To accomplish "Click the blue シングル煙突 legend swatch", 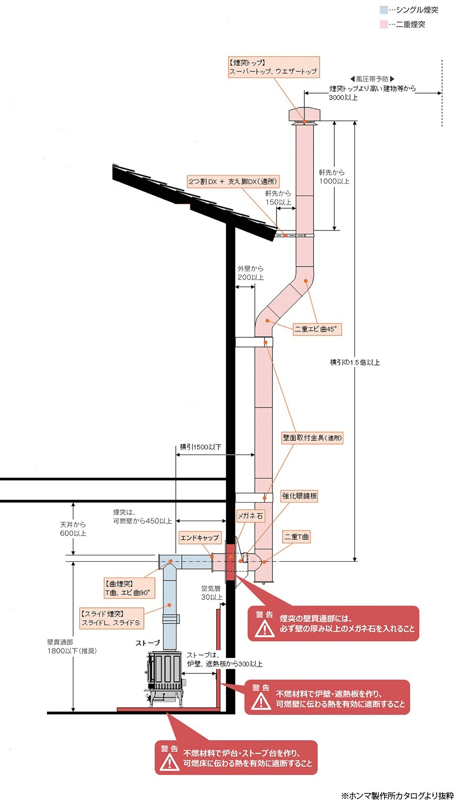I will [384, 10].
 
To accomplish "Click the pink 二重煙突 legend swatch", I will [384, 24].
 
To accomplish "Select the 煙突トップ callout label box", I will [273, 67].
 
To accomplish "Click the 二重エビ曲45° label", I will [316, 329].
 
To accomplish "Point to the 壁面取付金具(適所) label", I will [312, 438].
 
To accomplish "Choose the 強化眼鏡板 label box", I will [300, 496].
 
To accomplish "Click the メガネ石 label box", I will [251, 516].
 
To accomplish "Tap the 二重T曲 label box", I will [297, 536].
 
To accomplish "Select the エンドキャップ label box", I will [200, 538].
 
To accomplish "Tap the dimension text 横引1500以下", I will [200, 447].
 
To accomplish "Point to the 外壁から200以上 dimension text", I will [251, 273].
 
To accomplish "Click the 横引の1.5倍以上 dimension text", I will [355, 362].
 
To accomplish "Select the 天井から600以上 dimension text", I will [73, 529].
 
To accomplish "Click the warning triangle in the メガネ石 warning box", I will [264, 628].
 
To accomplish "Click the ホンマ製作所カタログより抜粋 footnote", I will [398, 796].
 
